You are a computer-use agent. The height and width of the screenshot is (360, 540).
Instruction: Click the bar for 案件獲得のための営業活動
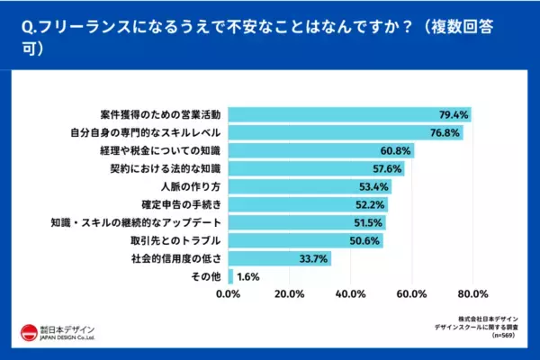click(x=350, y=114)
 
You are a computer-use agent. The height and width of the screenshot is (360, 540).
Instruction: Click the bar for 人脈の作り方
click(x=310, y=186)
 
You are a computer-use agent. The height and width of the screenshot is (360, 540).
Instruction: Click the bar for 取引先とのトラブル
click(x=306, y=240)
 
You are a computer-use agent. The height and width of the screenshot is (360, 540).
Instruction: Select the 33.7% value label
click(x=313, y=258)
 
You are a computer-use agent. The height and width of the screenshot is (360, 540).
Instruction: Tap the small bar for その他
click(x=231, y=276)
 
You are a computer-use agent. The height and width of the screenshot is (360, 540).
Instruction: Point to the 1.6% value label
click(x=247, y=276)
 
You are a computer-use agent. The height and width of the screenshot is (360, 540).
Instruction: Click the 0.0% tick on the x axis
click(x=229, y=293)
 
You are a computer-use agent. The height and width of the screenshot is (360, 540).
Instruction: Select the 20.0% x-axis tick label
click(x=290, y=293)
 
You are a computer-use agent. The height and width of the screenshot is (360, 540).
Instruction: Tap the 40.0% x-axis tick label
click(x=351, y=293)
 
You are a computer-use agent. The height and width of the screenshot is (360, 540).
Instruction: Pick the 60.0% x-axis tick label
click(x=411, y=293)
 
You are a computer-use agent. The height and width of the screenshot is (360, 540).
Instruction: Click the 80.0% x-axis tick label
click(x=472, y=293)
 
